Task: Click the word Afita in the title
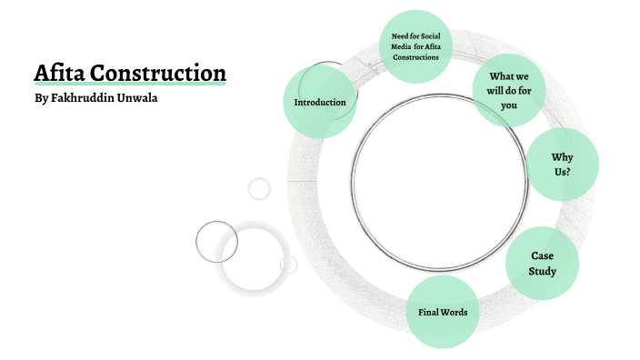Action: [58, 73]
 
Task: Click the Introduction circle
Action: [319, 102]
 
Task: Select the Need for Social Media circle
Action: [415, 45]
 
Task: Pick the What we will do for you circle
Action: [509, 91]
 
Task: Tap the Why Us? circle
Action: [563, 165]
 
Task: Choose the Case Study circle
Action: [543, 264]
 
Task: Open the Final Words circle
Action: [443, 313]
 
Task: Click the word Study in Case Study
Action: [543, 272]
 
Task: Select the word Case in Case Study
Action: [543, 256]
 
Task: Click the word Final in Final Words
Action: [428, 313]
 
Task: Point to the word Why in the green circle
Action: [563, 157]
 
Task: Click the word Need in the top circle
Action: [391, 35]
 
